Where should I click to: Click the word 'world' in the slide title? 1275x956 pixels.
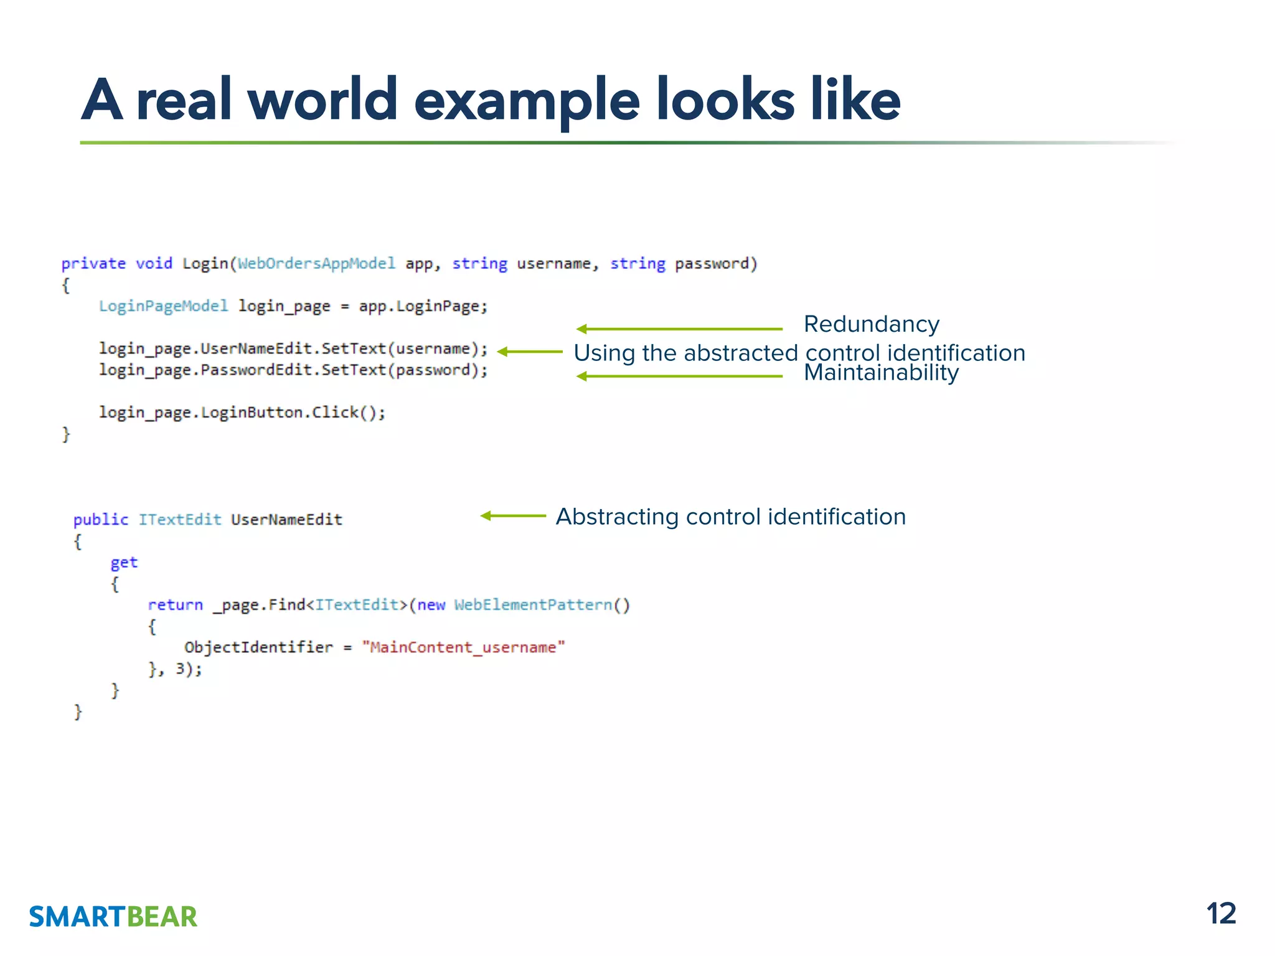pyautogui.click(x=322, y=100)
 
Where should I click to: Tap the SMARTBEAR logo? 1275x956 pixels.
pyautogui.click(x=113, y=917)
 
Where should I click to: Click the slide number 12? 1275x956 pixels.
pyautogui.click(x=1221, y=914)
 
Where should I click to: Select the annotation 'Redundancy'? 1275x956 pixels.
pyautogui.click(x=871, y=324)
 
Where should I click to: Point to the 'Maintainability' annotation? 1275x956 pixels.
pyautogui.click(x=881, y=373)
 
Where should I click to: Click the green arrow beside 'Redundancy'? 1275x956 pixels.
pyautogui.click(x=679, y=329)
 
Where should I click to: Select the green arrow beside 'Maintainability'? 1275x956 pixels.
pyautogui.click(x=679, y=376)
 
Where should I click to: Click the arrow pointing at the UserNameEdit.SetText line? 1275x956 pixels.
pyautogui.click(x=530, y=352)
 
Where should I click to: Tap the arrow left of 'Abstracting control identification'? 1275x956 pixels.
pyautogui.click(x=513, y=515)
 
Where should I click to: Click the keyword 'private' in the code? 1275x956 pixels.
pyautogui.click(x=93, y=263)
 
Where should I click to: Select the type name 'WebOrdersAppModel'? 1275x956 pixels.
pyautogui.click(x=316, y=263)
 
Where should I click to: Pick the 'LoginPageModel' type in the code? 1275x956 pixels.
pyautogui.click(x=164, y=306)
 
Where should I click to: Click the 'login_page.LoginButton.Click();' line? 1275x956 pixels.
pyautogui.click(x=242, y=412)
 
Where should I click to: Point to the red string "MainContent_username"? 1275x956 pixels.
pyautogui.click(x=463, y=647)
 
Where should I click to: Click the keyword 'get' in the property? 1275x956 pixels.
pyautogui.click(x=124, y=562)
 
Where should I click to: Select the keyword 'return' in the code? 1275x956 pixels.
pyautogui.click(x=175, y=604)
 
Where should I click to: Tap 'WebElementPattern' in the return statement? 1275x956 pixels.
pyautogui.click(x=533, y=604)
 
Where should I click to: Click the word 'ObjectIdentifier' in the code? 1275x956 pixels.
pyautogui.click(x=258, y=647)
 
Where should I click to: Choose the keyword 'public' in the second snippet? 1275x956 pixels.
pyautogui.click(x=101, y=519)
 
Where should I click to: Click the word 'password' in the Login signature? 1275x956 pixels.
pyautogui.click(x=712, y=263)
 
